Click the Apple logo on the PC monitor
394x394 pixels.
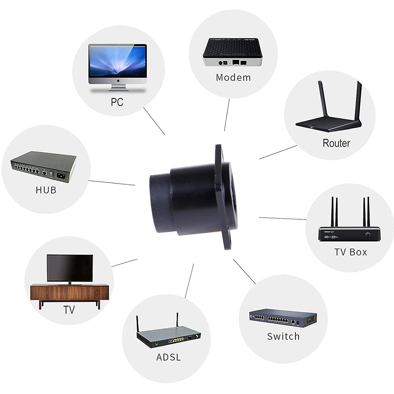(117, 80)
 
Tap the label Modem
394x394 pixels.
(233, 77)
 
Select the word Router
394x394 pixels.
(336, 143)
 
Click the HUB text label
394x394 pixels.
(46, 190)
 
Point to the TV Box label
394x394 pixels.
(351, 252)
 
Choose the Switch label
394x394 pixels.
(283, 336)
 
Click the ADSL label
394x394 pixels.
(168, 357)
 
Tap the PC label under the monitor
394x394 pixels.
(117, 102)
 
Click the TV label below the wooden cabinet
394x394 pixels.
(69, 310)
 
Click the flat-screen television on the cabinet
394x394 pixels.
(70, 268)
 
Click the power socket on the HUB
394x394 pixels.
(61, 176)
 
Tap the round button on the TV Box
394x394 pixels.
(368, 235)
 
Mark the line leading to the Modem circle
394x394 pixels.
(227, 115)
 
